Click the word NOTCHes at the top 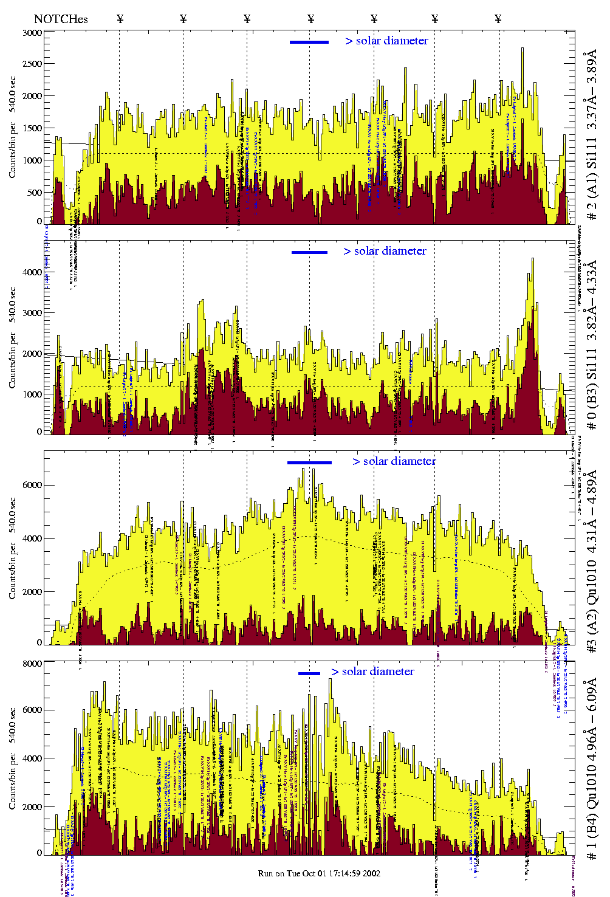[x=61, y=19]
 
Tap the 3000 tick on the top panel [x=33, y=33]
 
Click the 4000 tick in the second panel [x=33, y=272]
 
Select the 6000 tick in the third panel [x=33, y=485]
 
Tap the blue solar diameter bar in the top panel [x=309, y=42]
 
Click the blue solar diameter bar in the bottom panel [x=309, y=673]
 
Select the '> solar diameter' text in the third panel [x=394, y=461]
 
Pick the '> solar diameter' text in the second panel [x=385, y=251]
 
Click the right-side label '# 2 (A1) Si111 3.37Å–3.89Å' [x=591, y=139]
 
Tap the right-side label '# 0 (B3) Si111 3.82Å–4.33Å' [x=591, y=345]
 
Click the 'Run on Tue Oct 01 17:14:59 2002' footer [x=320, y=873]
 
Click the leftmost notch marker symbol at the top [x=120, y=19]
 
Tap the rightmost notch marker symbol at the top [x=498, y=19]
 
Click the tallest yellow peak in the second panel [x=533, y=260]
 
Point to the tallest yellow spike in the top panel [x=522, y=50]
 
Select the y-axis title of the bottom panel [x=13, y=760]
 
